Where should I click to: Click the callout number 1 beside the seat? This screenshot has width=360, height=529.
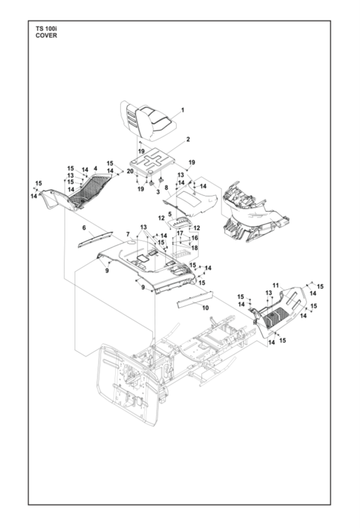[183, 110]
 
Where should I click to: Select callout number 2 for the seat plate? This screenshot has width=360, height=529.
[188, 139]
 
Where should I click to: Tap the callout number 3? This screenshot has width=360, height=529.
[158, 192]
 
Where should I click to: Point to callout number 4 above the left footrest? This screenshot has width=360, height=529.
[95, 168]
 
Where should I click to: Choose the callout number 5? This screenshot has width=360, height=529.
[170, 214]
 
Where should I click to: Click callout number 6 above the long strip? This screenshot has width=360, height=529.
[84, 228]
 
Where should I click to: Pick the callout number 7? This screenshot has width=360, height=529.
[128, 234]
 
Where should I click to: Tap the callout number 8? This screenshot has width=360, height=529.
[166, 187]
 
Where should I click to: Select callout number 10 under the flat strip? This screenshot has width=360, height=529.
[206, 308]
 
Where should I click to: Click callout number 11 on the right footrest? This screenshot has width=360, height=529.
[275, 286]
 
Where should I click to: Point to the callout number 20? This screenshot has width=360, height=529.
[130, 171]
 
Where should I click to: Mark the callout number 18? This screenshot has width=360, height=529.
[195, 248]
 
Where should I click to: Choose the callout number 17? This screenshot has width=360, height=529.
[180, 233]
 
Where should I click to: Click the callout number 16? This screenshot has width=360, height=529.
[195, 238]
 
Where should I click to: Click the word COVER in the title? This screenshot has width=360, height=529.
[46, 35]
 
